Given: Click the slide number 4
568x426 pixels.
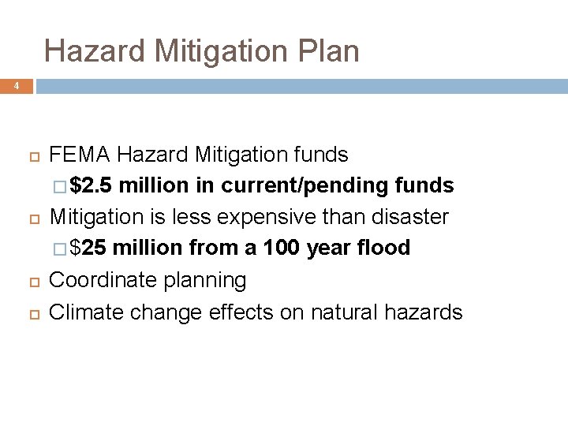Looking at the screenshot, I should [15, 85].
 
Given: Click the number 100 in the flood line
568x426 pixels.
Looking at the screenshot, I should [281, 248].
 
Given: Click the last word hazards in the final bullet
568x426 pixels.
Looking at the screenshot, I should [424, 312].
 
